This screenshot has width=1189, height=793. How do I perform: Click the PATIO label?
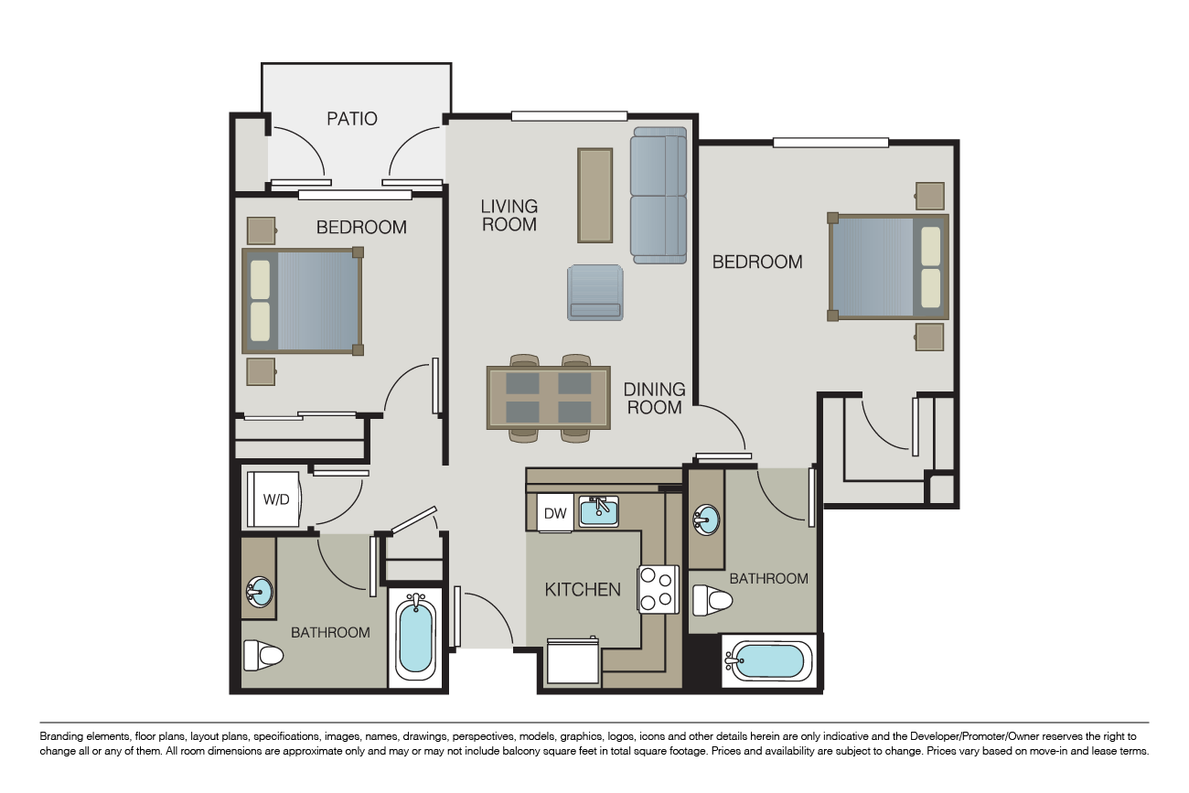[x=352, y=118]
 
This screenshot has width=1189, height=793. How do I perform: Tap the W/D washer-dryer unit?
[x=274, y=499]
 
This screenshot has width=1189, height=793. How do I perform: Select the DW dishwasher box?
[x=555, y=513]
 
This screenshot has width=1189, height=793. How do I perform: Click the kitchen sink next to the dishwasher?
[x=598, y=511]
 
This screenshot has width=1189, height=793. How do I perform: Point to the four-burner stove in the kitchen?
[x=659, y=589]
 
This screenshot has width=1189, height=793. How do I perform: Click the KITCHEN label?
[x=583, y=589]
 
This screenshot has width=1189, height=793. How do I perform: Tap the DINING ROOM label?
[x=654, y=398]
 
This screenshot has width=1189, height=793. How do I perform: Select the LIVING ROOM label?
[x=509, y=215]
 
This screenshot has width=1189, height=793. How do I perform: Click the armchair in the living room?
[x=595, y=293]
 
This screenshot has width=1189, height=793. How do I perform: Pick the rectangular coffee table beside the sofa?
[x=594, y=196]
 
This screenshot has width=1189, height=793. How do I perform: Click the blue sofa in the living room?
[x=659, y=196]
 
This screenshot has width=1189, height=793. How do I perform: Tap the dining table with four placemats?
[x=549, y=398]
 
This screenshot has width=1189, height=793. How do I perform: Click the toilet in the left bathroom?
[x=263, y=655]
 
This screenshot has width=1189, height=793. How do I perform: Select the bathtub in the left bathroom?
[x=418, y=638]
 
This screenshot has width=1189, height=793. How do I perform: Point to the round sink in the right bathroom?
[x=706, y=520]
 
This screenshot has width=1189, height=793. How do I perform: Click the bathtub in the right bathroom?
[x=768, y=660]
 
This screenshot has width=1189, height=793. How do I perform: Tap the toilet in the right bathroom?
[x=712, y=600]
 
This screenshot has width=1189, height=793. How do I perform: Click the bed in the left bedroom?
[x=303, y=300]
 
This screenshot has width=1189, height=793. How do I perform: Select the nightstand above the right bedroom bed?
[x=930, y=196]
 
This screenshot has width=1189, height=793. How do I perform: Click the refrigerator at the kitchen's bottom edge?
[x=573, y=661]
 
